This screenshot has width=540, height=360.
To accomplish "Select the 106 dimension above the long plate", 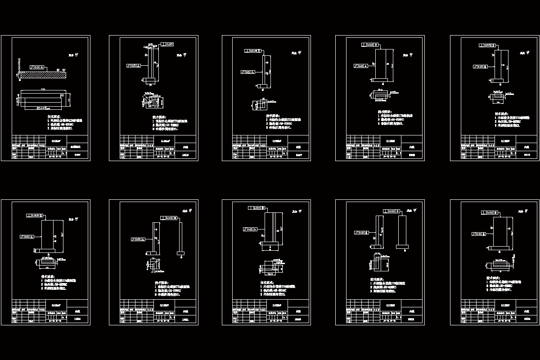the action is (43, 90).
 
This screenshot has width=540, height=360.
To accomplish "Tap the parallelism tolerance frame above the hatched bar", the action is (37, 67).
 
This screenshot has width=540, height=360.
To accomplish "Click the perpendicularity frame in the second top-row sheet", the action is (168, 44).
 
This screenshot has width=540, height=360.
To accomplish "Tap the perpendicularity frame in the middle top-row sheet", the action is (252, 51).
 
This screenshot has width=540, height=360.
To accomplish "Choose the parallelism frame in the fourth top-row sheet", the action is (361, 66).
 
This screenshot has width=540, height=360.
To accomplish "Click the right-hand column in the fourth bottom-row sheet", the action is (402, 231).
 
